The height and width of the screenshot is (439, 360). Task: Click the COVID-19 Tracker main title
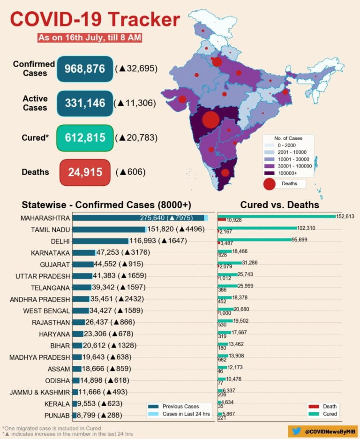[95, 20]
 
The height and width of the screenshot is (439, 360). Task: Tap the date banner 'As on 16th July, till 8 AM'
[90, 37]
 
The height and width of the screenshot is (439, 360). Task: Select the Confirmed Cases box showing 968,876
[85, 69]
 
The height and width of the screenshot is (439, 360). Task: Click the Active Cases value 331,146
[85, 103]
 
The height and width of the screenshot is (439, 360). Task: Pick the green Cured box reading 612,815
[85, 138]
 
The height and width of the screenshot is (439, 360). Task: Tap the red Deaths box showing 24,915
[85, 172]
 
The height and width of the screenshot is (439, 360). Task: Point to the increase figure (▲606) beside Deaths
[130, 172]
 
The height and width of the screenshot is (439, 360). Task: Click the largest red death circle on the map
[210, 119]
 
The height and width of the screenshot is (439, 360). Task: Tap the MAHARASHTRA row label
[45, 218]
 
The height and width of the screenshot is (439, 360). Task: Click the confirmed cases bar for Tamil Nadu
[109, 229]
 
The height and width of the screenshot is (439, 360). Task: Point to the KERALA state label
[57, 404]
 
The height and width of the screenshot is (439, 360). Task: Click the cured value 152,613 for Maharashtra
[345, 216]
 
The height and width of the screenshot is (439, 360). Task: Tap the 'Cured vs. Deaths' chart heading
[279, 205]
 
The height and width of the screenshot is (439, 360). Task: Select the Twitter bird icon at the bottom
[297, 431]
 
